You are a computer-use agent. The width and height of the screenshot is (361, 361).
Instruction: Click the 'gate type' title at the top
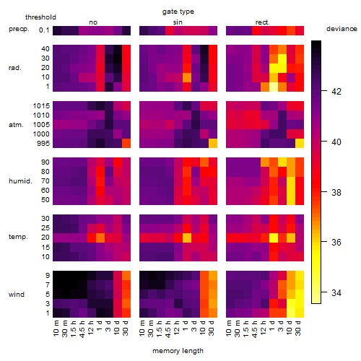178,12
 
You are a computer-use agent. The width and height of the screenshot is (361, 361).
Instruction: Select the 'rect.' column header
262,22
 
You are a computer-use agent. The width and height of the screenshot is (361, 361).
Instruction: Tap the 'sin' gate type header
178,22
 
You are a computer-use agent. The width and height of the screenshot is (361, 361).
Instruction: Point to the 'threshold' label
40,17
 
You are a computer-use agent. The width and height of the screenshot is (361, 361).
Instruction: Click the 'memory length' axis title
178,351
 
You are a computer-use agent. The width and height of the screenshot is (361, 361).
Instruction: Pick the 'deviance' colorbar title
342,29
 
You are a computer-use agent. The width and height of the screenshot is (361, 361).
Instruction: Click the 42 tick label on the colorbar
336,92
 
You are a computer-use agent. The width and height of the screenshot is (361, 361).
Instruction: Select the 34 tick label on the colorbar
336,292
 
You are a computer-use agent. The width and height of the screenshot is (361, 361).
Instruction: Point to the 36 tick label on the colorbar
336,242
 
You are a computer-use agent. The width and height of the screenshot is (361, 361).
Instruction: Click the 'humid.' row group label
20,181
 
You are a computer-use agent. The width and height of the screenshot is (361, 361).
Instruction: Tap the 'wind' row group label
17,295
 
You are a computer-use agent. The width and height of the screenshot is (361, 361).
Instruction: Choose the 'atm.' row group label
16,125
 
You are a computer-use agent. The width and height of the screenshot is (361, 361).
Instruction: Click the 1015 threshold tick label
41,106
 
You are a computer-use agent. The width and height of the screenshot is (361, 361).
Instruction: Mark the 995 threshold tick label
43,144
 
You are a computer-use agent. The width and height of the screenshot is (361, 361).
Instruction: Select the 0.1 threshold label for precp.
44,30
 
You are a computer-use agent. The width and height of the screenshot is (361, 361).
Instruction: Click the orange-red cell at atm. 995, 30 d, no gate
126,144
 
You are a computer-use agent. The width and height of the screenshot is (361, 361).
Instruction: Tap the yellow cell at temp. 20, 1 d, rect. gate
274,238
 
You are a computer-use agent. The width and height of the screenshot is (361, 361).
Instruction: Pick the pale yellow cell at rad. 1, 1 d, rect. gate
274,87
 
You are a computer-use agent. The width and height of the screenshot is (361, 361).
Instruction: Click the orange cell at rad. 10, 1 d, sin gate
187,77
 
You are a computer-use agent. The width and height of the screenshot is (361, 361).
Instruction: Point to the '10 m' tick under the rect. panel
229,328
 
